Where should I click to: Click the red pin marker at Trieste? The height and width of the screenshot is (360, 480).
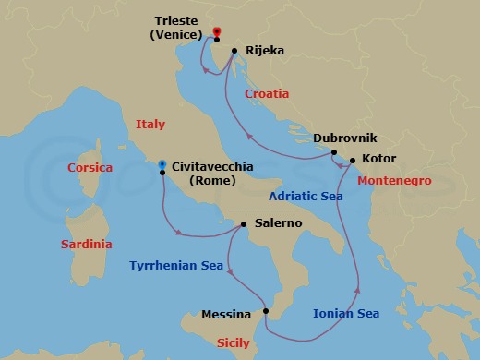pos(216,32)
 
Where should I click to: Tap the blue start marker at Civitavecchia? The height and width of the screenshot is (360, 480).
pos(162,164)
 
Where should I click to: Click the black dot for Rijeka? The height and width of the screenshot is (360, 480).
pos(234,51)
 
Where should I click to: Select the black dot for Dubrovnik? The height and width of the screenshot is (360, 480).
pos(334,152)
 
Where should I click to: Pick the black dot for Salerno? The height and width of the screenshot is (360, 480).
pos(244,223)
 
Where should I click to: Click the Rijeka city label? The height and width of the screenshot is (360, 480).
pos(266,52)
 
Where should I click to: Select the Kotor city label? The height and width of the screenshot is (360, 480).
pos(378,159)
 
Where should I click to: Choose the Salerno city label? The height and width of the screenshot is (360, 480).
pos(277,223)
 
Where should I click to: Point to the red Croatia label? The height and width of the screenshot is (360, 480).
pos(267,93)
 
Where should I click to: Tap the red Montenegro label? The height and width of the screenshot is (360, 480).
pos(395,178)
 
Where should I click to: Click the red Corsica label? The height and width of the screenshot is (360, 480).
pos(90,168)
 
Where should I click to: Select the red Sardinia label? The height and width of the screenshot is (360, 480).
pos(86,245)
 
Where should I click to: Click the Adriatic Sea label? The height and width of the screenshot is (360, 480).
pos(306,197)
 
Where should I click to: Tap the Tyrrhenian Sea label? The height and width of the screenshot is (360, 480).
pos(174,265)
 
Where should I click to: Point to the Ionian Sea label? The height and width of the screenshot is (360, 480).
pos(346,314)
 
